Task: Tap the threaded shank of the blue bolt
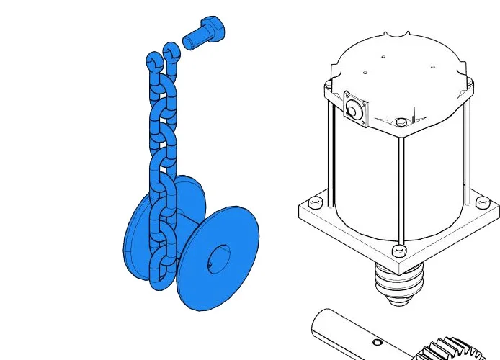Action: (192, 40)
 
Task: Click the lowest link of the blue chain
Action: (159, 277)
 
